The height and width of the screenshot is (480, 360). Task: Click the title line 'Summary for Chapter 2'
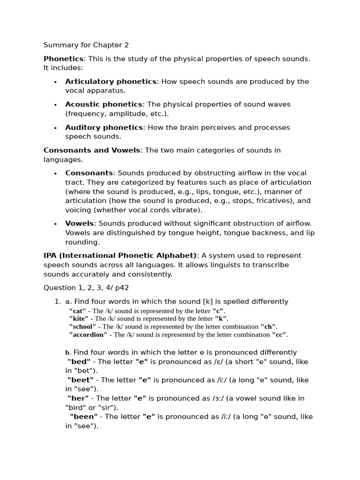[86, 45]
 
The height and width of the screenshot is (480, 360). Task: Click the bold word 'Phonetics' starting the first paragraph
[63, 59]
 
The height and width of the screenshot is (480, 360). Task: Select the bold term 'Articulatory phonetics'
[111, 82]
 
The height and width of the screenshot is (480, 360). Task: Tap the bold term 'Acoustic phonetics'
[104, 105]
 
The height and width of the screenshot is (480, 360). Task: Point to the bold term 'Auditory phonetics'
[104, 127]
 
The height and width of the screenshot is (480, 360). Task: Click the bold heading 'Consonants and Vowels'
[92, 150]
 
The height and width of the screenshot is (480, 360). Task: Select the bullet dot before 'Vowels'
[55, 224]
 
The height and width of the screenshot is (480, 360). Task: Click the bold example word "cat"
[78, 311]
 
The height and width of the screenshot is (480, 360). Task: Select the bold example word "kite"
[79, 319]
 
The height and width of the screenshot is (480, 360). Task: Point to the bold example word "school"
[82, 327]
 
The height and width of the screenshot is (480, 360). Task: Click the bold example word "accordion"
[88, 335]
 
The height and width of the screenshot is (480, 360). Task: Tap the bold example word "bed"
[80, 362]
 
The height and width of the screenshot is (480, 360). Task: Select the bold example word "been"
[83, 417]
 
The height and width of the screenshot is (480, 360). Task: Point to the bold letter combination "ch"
[269, 327]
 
